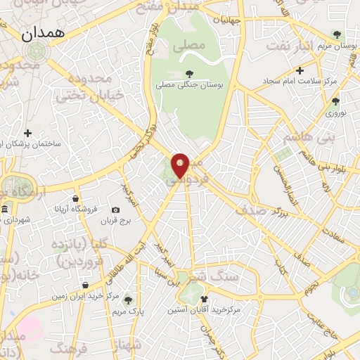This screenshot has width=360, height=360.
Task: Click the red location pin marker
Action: click(x=181, y=166)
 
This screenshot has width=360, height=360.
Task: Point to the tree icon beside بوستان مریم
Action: click(x=337, y=34)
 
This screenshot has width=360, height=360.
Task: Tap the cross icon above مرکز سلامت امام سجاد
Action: click(x=300, y=70)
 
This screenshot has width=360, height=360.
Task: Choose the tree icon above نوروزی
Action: click(x=337, y=100)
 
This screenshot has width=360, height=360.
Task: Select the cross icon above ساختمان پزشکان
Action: click(x=28, y=132)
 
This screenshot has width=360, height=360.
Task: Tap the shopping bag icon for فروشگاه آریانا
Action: click(x=75, y=199)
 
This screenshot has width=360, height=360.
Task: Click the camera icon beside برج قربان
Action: click(x=115, y=210)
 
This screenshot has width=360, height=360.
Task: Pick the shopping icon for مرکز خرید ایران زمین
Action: click(x=86, y=285)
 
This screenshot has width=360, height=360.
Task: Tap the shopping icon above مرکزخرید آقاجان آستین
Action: click(x=204, y=298)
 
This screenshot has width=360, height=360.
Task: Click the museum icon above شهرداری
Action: click(x=5, y=210)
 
